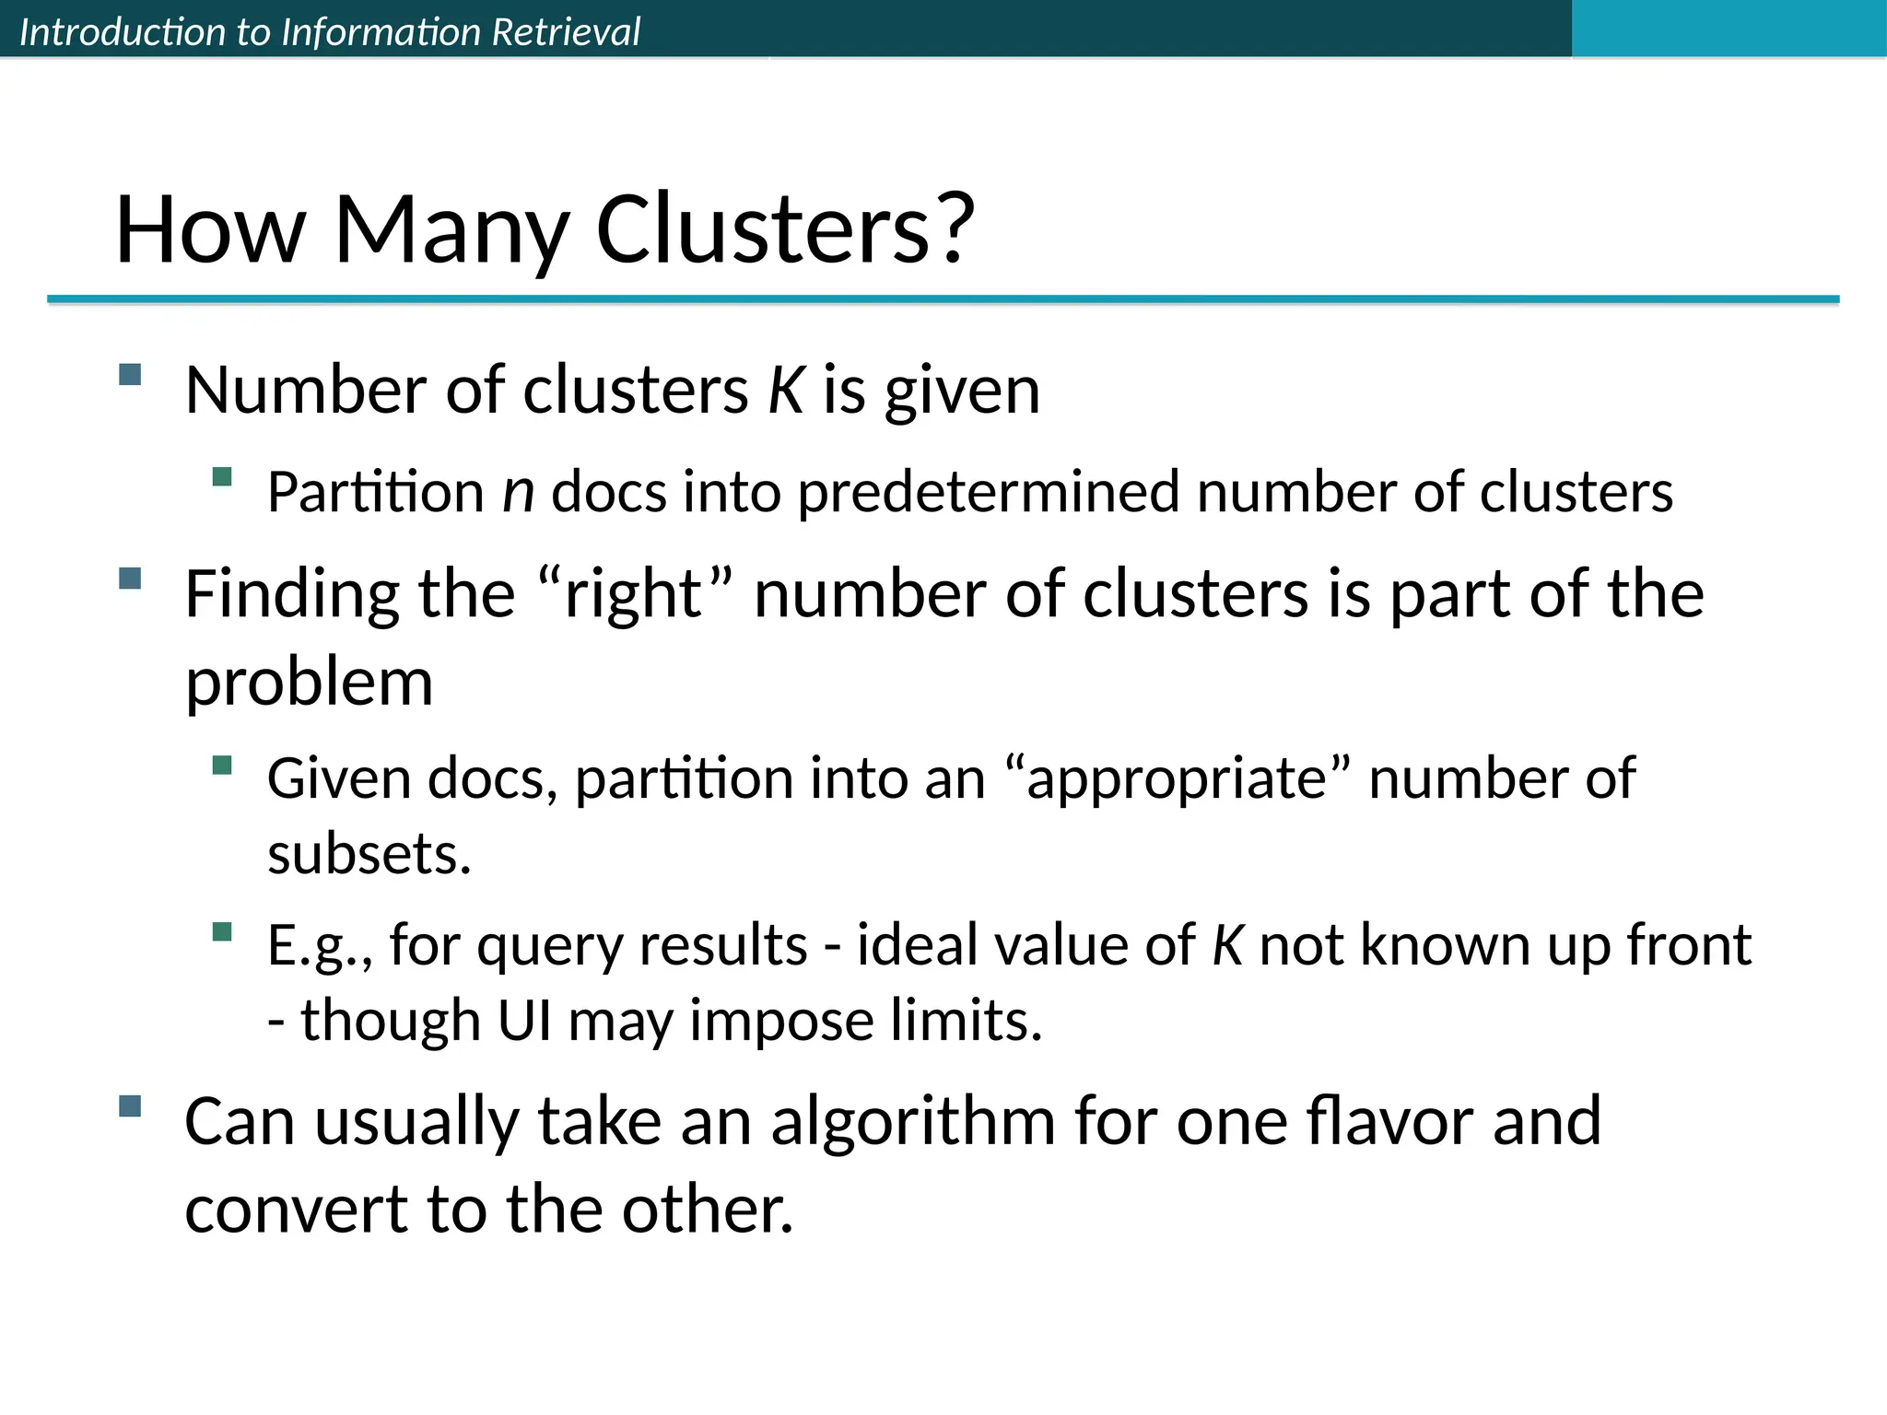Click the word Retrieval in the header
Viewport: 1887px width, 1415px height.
566,32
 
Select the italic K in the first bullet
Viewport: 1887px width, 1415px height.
786,391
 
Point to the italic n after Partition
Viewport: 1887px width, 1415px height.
518,492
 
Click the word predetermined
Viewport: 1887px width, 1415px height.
988,492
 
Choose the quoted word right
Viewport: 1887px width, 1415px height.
635,594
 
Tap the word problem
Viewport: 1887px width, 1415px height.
309,684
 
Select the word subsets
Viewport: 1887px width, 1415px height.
369,855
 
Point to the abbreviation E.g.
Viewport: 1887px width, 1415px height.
319,946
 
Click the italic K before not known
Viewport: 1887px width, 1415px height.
1227,945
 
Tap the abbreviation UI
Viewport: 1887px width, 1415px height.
524,1021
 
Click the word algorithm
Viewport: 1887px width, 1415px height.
913,1122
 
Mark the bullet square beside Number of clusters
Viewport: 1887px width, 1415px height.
130,375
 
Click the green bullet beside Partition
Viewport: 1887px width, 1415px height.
221,476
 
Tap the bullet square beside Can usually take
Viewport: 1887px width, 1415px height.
130,1105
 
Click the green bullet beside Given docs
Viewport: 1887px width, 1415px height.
221,765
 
